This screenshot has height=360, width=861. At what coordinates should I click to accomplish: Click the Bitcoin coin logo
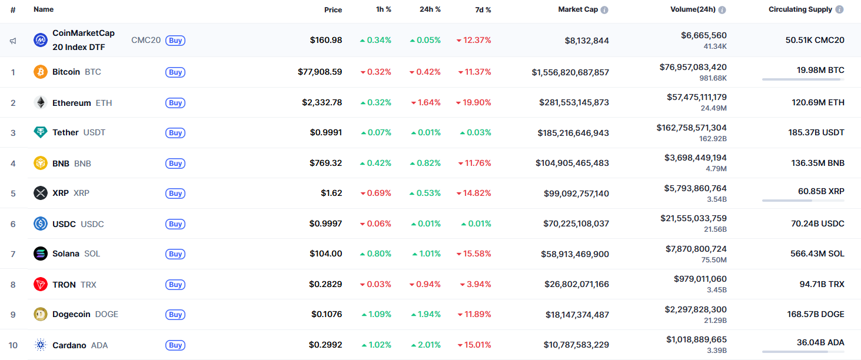click(x=41, y=72)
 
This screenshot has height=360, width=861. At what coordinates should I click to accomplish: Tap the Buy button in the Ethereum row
click(x=175, y=103)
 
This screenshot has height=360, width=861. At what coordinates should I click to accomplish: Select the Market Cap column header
click(x=579, y=9)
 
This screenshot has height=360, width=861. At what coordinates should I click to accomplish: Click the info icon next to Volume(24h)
click(x=722, y=10)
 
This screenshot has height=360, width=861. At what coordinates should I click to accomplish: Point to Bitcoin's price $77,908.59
click(x=320, y=72)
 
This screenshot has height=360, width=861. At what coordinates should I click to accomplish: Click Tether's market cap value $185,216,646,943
click(x=573, y=133)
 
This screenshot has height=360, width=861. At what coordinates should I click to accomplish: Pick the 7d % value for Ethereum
click(x=474, y=102)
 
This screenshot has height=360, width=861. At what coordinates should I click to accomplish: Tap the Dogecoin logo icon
click(x=41, y=314)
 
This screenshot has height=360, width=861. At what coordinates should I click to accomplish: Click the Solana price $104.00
click(x=325, y=254)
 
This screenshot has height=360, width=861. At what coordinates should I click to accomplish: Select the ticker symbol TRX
click(x=88, y=285)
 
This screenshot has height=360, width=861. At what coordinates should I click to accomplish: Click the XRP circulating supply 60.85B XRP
click(x=821, y=191)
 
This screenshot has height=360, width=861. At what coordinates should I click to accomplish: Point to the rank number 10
click(x=13, y=345)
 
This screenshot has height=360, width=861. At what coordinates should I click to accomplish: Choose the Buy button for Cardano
click(x=175, y=345)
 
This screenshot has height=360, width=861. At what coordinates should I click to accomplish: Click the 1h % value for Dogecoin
click(x=376, y=314)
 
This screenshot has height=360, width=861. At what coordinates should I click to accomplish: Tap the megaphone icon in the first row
click(x=13, y=41)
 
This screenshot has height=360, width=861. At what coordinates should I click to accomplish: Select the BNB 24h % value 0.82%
click(x=425, y=163)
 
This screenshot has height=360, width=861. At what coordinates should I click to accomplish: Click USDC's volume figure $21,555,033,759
click(x=693, y=218)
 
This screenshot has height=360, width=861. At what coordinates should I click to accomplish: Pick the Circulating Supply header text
click(x=800, y=9)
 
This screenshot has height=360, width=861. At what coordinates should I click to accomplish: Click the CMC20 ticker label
click(x=146, y=40)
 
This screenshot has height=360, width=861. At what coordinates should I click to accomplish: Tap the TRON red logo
click(x=41, y=285)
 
